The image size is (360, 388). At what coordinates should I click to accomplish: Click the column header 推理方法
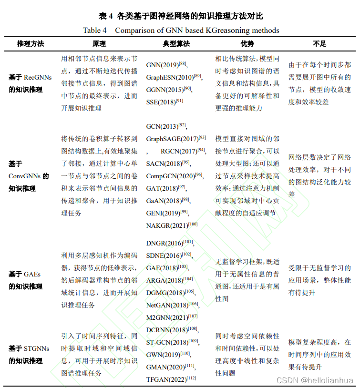click(x=30, y=43)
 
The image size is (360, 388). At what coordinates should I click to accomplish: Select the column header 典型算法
click(x=176, y=43)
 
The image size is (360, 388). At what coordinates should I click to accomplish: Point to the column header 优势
click(x=247, y=43)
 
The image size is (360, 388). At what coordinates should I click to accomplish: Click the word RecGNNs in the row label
click(x=38, y=77)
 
